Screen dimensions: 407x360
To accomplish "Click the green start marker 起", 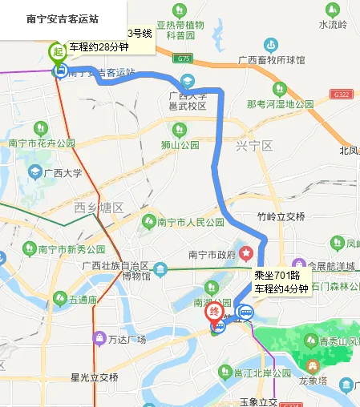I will [58, 53].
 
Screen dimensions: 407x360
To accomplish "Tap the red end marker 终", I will [215, 312].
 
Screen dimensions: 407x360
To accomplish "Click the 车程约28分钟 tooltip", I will [99, 46].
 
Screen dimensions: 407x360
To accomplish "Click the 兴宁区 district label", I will [254, 146].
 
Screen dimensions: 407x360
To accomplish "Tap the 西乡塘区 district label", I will [98, 208].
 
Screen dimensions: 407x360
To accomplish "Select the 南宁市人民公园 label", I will [192, 222].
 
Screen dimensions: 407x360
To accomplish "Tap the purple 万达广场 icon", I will [99, 337].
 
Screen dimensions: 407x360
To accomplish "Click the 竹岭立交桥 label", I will [281, 216].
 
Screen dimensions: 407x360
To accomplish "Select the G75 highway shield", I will [184, 58].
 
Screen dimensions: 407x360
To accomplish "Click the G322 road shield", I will [342, 94].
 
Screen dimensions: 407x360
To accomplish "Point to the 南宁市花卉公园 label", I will [42, 143].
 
